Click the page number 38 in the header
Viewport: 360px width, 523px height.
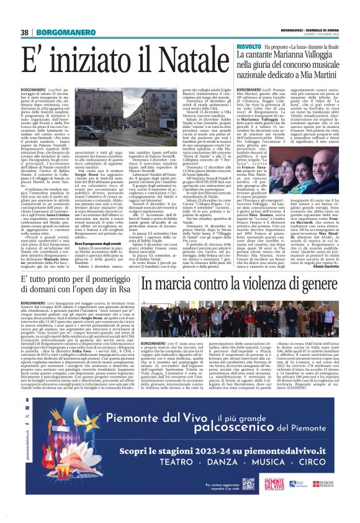[25, 32]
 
